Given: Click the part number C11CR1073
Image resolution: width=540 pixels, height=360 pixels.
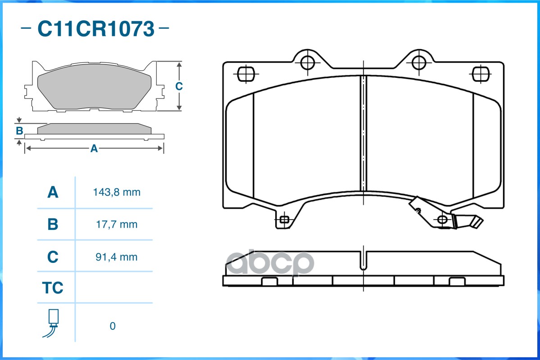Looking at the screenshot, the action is pyautogui.click(x=95, y=29).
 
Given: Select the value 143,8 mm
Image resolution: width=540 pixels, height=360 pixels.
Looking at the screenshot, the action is pyautogui.click(x=117, y=193).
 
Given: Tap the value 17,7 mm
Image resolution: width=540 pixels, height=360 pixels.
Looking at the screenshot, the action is pyautogui.click(x=117, y=224).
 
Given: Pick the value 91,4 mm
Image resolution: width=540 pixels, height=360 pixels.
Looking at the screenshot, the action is pyautogui.click(x=117, y=257).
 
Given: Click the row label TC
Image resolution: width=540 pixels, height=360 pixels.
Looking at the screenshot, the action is pyautogui.click(x=53, y=288).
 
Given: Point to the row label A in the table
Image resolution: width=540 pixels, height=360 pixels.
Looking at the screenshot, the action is pyautogui.click(x=53, y=193).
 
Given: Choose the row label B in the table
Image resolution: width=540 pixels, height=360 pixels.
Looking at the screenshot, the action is pyautogui.click(x=53, y=224).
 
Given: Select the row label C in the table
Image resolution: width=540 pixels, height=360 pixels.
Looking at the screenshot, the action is pyautogui.click(x=53, y=257).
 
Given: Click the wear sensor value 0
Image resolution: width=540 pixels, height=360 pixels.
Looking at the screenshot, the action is pyautogui.click(x=113, y=326).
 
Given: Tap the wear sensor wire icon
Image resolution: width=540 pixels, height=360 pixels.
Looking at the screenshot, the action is pyautogui.click(x=53, y=323).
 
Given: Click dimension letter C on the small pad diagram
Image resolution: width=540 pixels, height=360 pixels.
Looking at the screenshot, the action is pyautogui.click(x=179, y=86).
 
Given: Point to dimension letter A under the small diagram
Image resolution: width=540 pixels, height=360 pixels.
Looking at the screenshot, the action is pyautogui.click(x=94, y=148).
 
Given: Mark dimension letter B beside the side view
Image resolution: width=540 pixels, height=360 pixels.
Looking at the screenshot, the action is pyautogui.click(x=19, y=131).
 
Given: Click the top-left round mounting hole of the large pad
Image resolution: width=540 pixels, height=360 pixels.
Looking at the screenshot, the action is pyautogui.click(x=308, y=63).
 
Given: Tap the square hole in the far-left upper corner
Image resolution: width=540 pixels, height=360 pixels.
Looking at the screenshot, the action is pyautogui.click(x=245, y=73).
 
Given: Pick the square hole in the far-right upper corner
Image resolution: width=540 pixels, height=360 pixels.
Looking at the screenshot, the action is pyautogui.click(x=481, y=73).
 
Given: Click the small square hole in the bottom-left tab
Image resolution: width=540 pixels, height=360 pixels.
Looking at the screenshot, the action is pyautogui.click(x=284, y=220).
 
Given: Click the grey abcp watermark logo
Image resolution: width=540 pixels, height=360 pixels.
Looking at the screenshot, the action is pyautogui.click(x=269, y=263).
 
